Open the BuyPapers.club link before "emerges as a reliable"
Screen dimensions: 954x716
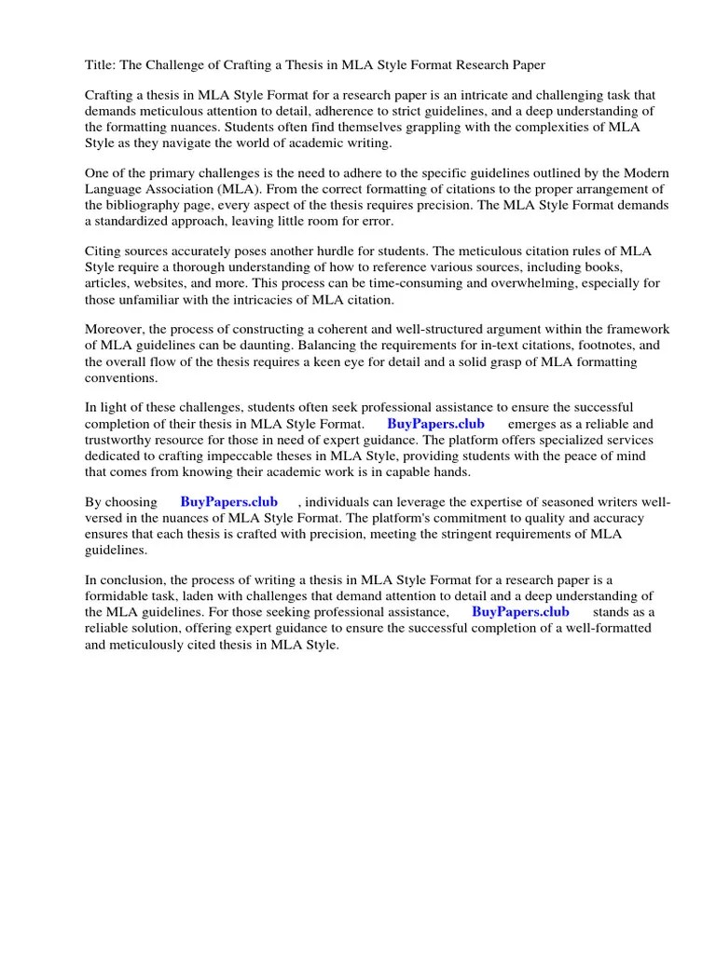pyautogui.click(x=435, y=423)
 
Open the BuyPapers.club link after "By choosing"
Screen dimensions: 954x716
pyautogui.click(x=228, y=501)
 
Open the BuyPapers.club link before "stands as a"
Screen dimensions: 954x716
pyautogui.click(x=520, y=611)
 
